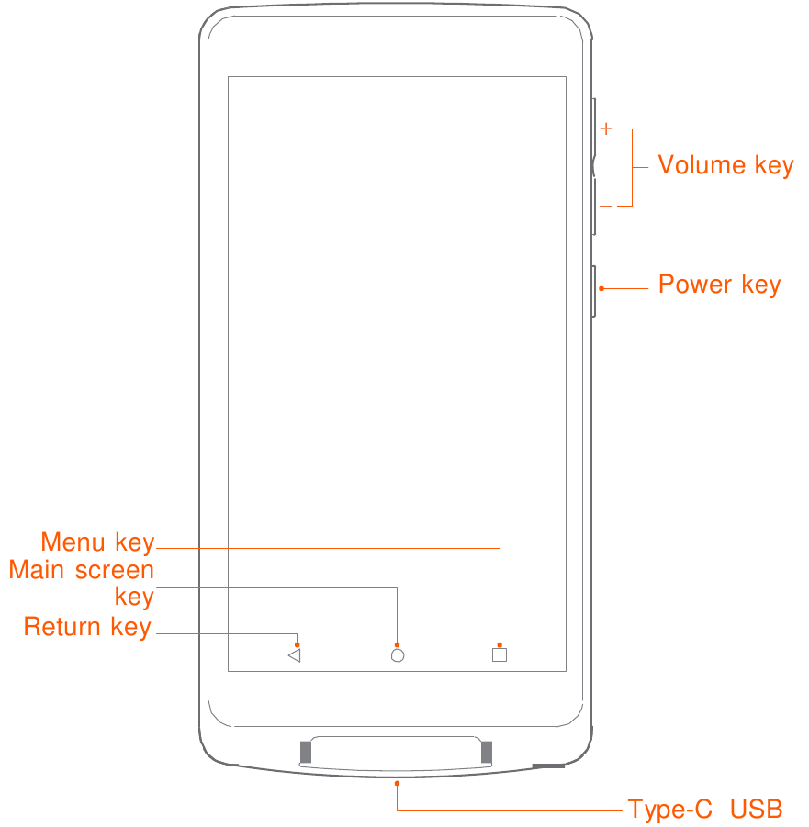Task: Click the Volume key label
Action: coord(725,165)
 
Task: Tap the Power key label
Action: coord(719,285)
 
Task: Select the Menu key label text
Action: coord(97,542)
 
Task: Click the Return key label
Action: coord(87,627)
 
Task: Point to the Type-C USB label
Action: coord(705,809)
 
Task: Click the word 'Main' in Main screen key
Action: coord(37,570)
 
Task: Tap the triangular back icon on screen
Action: coord(295,655)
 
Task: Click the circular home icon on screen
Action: coord(398,655)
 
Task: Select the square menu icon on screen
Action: coord(500,654)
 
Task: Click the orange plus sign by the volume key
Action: coord(606,129)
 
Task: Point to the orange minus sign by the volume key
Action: coord(606,207)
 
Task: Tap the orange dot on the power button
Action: coord(601,288)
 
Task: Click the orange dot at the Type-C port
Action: coord(397,784)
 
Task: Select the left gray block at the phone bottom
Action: coord(306,752)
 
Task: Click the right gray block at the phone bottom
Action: coord(487,752)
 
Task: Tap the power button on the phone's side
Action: coord(594,292)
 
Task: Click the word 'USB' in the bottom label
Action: coord(757,809)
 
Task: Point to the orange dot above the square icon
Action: coord(500,644)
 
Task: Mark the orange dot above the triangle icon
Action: coord(298,644)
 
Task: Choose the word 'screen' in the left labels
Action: coord(115,571)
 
